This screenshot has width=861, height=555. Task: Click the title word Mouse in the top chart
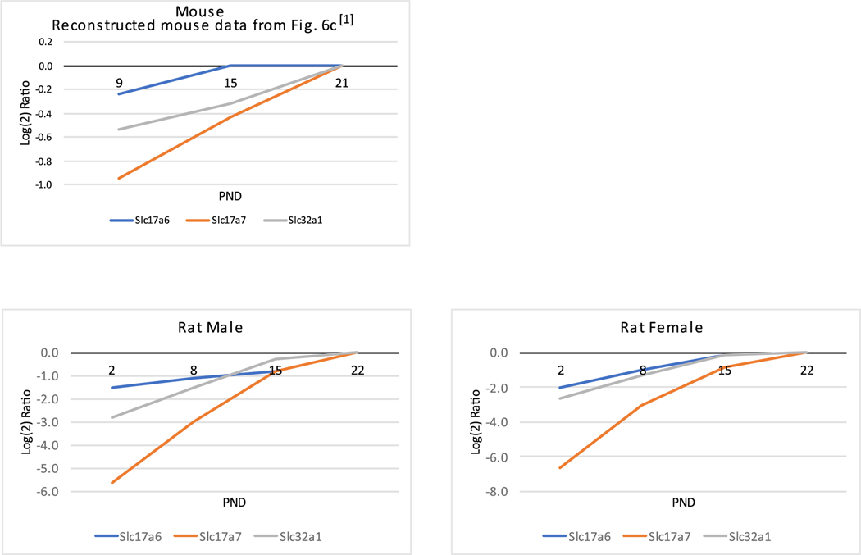pos(202,11)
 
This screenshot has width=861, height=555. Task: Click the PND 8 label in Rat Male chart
pos(194,370)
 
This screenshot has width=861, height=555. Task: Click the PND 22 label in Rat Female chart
pos(806,370)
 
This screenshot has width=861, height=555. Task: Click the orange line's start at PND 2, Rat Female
pos(560,468)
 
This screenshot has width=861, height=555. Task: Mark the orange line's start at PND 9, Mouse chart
pos(119,178)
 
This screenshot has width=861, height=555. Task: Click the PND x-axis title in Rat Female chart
pos(682,502)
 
